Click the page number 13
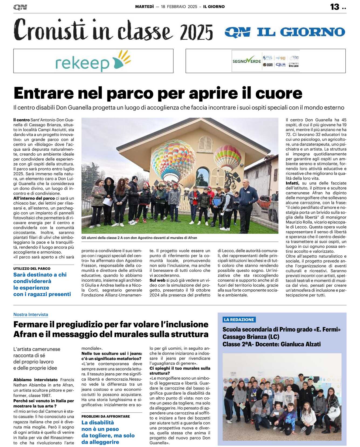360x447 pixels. coord(335,7)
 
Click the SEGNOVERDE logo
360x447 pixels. coord(246,61)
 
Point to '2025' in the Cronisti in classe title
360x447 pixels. coord(196,32)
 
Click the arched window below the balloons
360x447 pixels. coord(202,177)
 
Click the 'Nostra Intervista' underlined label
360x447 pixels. coord(31,315)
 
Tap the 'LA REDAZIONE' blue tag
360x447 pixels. coord(239,320)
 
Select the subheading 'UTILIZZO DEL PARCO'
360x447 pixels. coord(32,268)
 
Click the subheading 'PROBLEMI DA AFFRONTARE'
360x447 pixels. coord(106,416)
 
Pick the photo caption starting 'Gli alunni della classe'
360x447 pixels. coord(139,238)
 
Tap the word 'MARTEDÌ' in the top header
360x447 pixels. coord(144,6)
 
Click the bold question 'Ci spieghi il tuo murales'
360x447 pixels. coord(180,371)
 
